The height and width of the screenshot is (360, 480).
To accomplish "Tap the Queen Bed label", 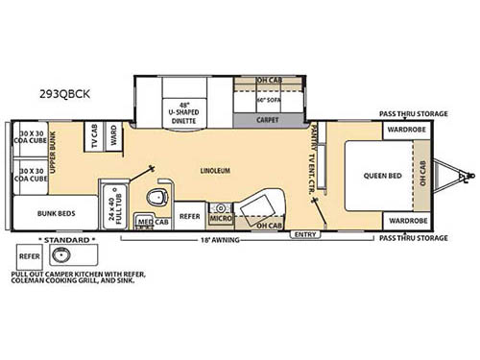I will tap(382, 176).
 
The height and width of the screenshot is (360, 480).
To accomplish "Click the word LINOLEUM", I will tap(216, 171).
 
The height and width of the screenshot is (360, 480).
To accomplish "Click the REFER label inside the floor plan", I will tap(189, 217).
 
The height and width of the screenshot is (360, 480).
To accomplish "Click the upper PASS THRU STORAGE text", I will tap(414, 113).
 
